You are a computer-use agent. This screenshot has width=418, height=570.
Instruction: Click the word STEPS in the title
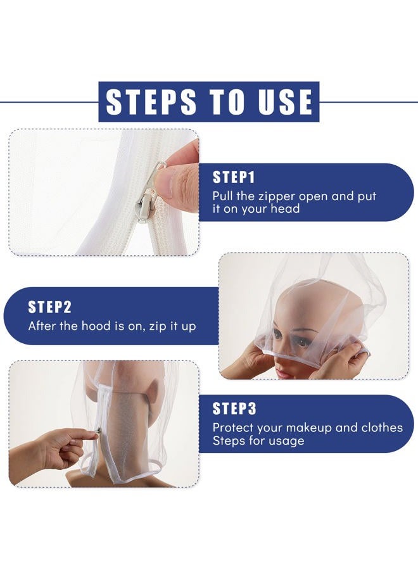tap(151, 101)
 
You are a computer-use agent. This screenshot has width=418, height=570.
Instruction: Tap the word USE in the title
tap(286, 101)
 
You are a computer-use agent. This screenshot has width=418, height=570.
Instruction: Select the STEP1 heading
tap(234, 177)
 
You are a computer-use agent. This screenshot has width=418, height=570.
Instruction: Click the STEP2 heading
tap(49, 307)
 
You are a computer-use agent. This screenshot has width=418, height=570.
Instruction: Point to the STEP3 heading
tap(234, 408)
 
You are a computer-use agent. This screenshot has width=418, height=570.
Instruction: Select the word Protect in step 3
tap(233, 427)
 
